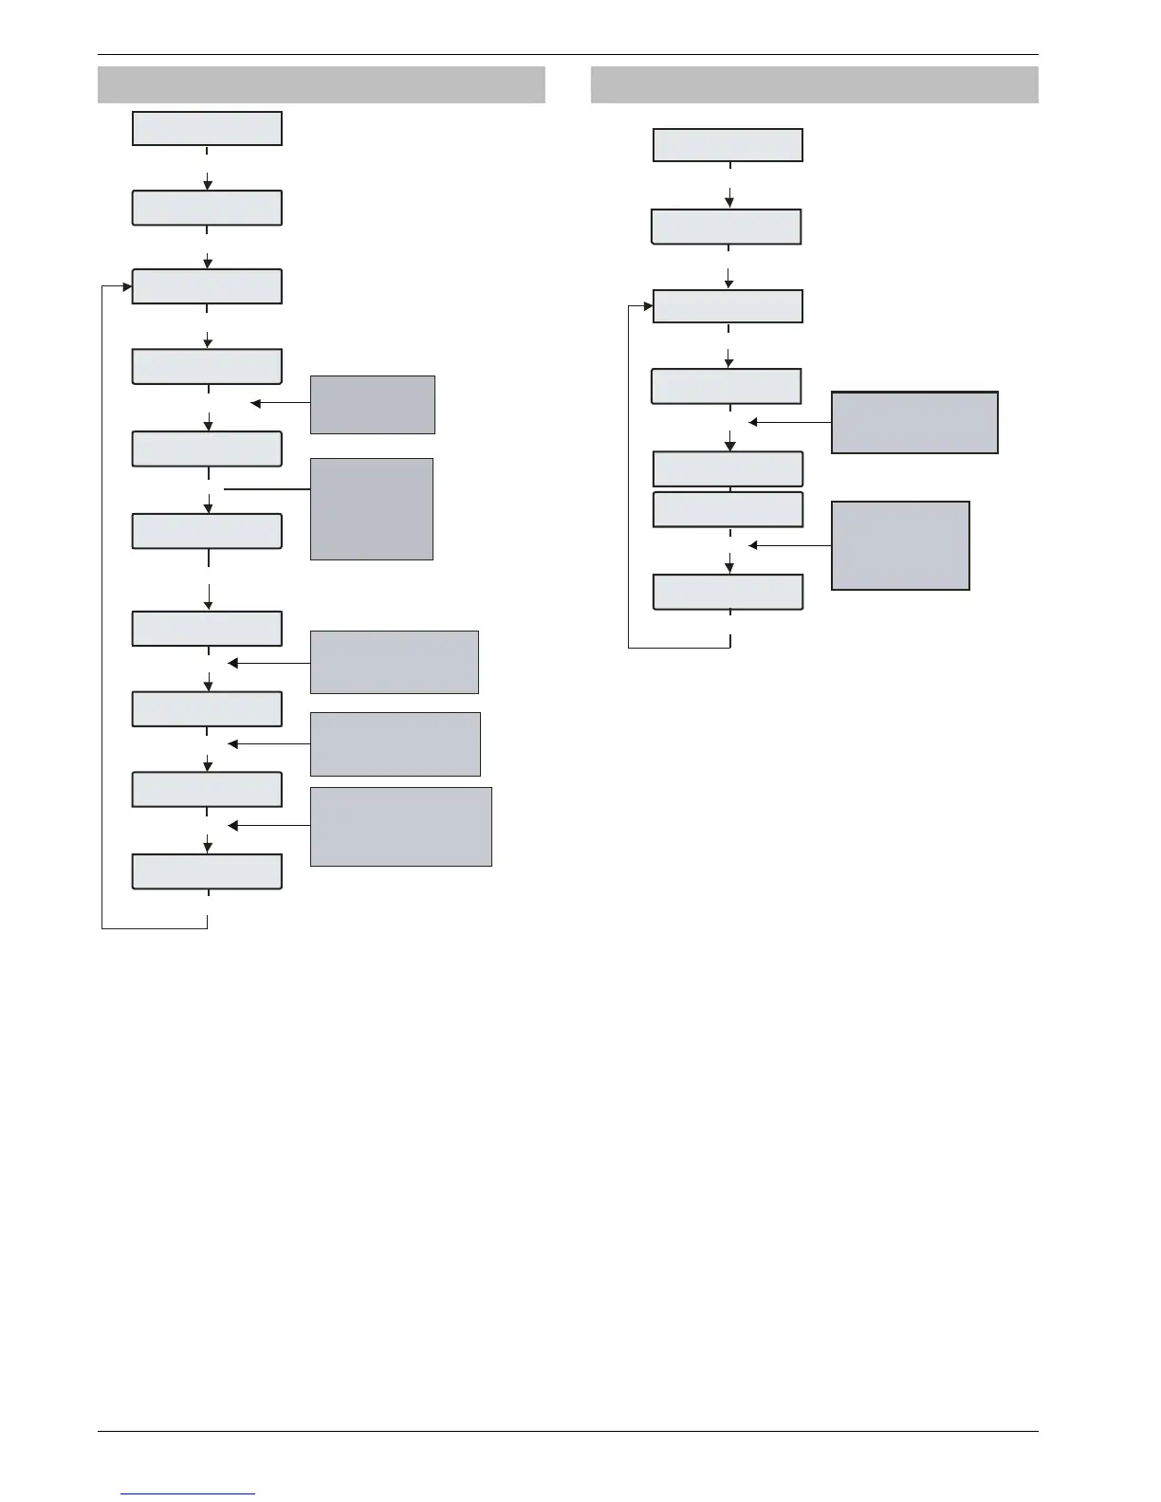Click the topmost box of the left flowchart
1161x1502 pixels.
point(207,128)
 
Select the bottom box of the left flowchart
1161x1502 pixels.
point(207,871)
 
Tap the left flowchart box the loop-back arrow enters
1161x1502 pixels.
point(207,286)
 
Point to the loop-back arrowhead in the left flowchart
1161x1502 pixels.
point(127,286)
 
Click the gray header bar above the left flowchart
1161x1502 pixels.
point(322,84)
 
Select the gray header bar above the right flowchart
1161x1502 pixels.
point(814,84)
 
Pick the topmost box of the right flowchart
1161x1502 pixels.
point(728,145)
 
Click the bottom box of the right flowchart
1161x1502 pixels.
point(728,592)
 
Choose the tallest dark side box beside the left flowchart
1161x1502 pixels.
point(372,509)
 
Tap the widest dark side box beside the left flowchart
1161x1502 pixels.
point(401,826)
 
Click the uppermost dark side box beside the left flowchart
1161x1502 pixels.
point(373,405)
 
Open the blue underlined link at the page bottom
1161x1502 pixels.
point(189,1493)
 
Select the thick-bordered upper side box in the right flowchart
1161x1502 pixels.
point(914,423)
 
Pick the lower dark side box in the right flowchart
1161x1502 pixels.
point(900,546)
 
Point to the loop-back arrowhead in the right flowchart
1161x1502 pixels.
point(649,306)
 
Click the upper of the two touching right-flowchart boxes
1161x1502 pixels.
point(728,469)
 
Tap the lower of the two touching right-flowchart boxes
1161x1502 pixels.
point(728,509)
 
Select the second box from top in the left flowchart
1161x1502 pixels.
point(207,208)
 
